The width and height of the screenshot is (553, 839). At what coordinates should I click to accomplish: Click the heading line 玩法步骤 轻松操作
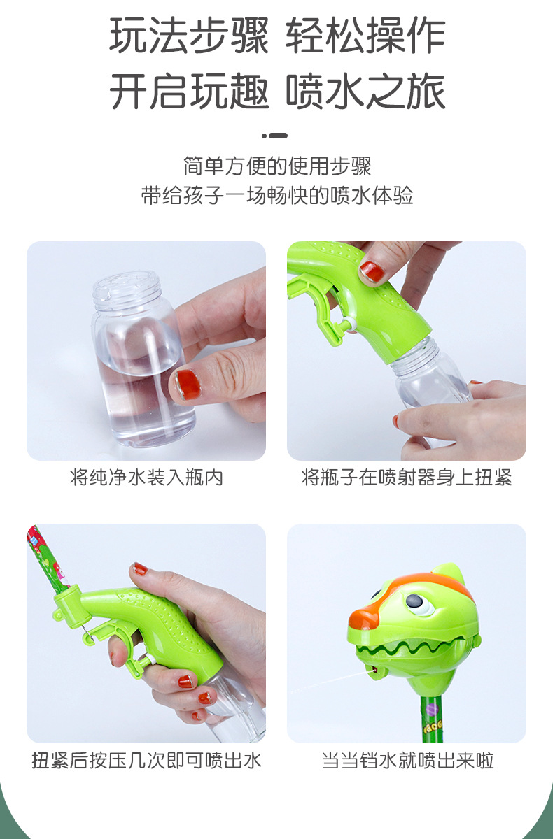click(277, 36)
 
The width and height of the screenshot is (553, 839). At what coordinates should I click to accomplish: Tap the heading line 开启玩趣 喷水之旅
click(277, 91)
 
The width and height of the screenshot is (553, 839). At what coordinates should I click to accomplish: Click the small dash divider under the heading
click(275, 136)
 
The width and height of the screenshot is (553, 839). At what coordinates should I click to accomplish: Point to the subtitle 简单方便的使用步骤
click(277, 166)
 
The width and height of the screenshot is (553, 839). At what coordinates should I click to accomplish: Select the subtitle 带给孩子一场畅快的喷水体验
click(277, 196)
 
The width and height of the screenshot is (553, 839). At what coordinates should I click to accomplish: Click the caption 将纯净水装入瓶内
click(146, 477)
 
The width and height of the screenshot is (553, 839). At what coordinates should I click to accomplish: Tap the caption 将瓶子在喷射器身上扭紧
click(407, 477)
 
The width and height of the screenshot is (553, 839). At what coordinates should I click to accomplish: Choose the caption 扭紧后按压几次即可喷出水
click(146, 761)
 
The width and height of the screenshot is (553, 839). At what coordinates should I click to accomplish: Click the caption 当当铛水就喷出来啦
click(407, 761)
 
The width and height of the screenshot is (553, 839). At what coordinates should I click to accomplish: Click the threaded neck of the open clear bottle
click(127, 291)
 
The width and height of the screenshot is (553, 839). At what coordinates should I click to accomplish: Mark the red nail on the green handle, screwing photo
click(372, 271)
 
